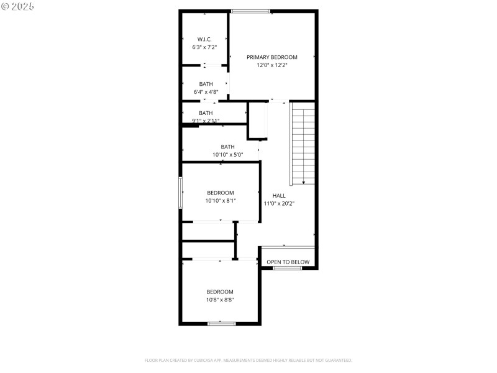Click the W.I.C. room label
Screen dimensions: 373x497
pyautogui.click(x=204, y=39)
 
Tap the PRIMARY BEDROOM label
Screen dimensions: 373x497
pyautogui.click(x=272, y=57)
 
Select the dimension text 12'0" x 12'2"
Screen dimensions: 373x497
pyautogui.click(x=272, y=65)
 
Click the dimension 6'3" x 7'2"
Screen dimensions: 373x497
pyautogui.click(x=204, y=47)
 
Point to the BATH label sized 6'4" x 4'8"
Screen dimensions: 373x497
pyautogui.click(x=206, y=84)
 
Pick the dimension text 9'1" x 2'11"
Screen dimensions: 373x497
pyautogui.click(x=206, y=121)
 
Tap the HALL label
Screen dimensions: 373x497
pyautogui.click(x=279, y=195)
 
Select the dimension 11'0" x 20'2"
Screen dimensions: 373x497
pyautogui.click(x=279, y=203)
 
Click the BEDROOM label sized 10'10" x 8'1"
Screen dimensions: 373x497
pyautogui.click(x=221, y=193)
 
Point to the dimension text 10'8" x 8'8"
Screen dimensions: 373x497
pyautogui.click(x=220, y=300)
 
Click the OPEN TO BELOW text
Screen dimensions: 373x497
pyautogui.click(x=288, y=262)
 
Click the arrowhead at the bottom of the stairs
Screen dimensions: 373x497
pyautogui.click(x=303, y=182)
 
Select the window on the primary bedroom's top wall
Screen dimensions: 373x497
pyautogui.click(x=251, y=11)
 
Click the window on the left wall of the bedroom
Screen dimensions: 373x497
pyautogui.click(x=181, y=193)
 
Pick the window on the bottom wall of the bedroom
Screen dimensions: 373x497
pyautogui.click(x=222, y=323)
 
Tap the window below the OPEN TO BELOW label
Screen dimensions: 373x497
pyautogui.click(x=288, y=268)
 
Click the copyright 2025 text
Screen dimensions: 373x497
pyautogui.click(x=18, y=6)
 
